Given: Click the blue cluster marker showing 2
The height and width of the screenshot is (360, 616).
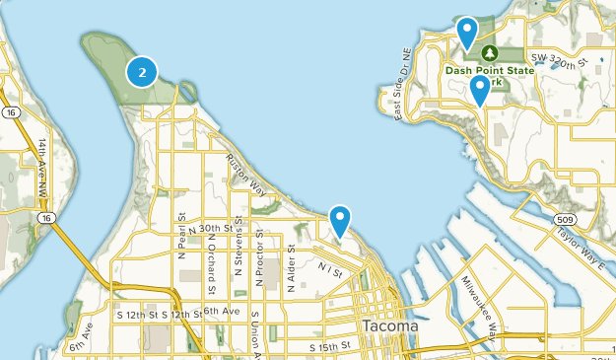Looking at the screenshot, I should coord(143,71).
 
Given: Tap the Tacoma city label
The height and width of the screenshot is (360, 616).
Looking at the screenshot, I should coord(390,325).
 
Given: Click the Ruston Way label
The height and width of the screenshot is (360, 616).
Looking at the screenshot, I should coord(246,172).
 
